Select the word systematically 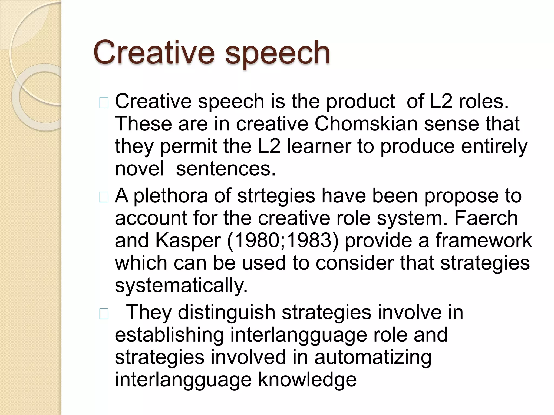tap(181, 286)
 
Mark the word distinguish tap(226, 312)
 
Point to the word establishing tap(169, 335)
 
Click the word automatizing tap(373, 357)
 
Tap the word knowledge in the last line tap(307, 380)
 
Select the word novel tap(139, 169)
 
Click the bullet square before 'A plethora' tap(104, 198)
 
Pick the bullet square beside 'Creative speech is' tap(104, 103)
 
